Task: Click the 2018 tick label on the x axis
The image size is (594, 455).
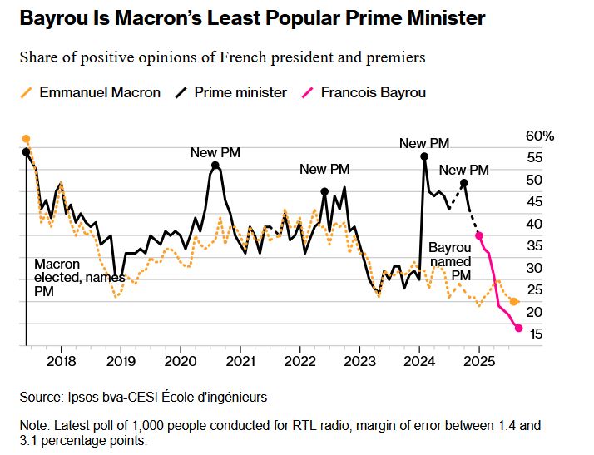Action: [x=62, y=362]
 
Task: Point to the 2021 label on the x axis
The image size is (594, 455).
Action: [x=240, y=362]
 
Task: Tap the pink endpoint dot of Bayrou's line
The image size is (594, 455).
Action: [x=519, y=329]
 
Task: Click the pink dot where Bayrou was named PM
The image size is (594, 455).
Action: [x=479, y=235]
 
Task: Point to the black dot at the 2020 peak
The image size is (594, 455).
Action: [x=215, y=166]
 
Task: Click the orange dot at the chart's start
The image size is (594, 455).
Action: [x=26, y=139]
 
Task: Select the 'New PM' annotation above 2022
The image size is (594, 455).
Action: [x=324, y=169]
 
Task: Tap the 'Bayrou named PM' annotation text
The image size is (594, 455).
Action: [x=450, y=261]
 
